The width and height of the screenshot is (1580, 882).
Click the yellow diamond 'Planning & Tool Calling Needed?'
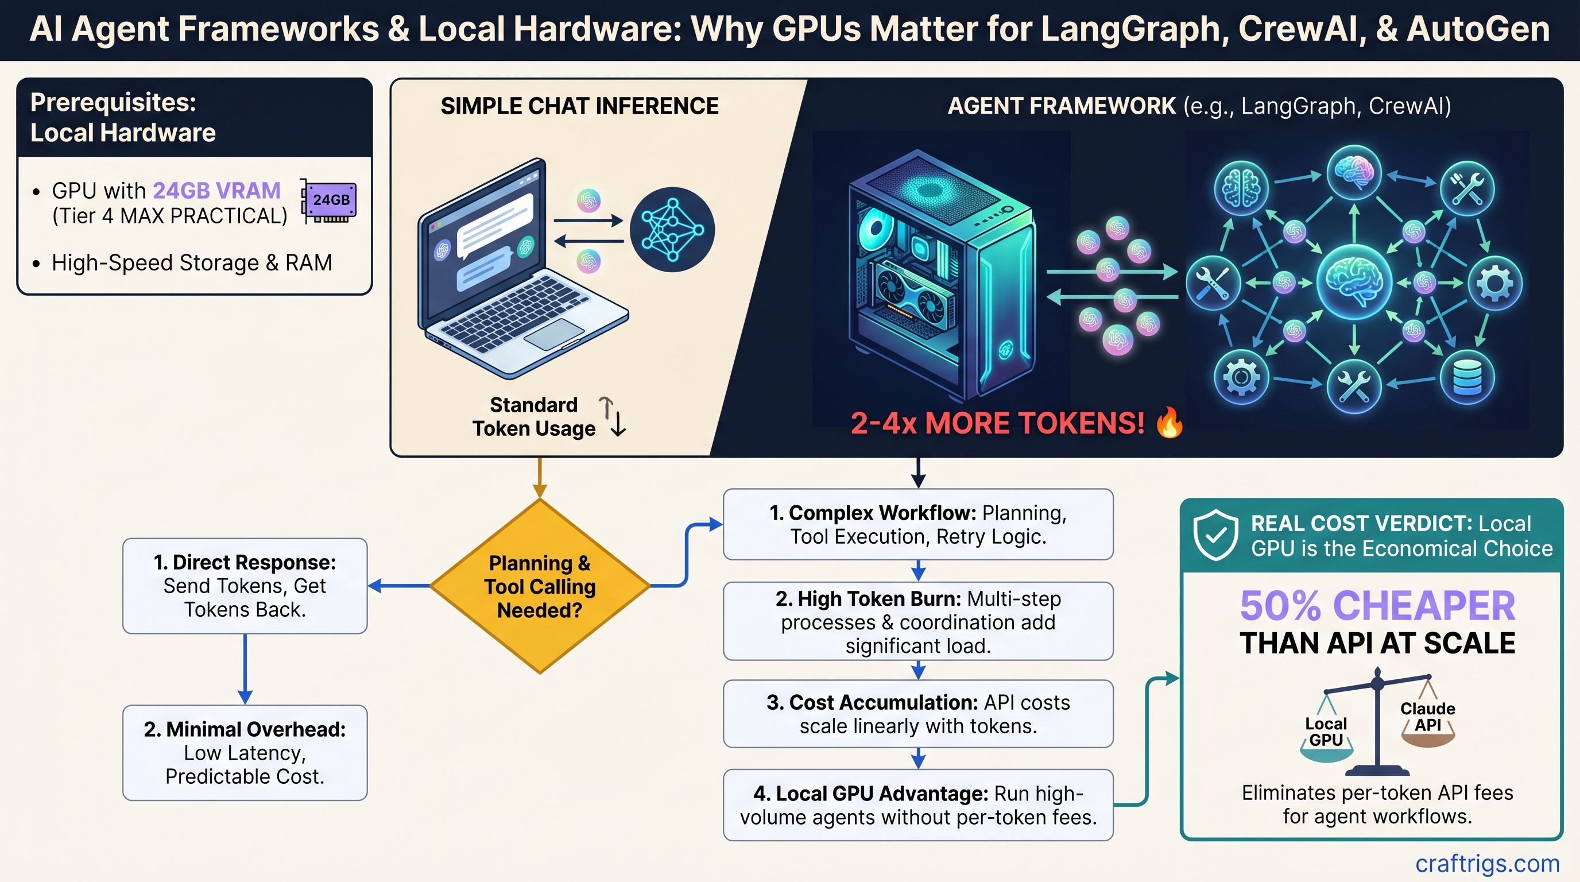tap(540, 586)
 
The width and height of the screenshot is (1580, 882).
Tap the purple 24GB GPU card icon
tap(330, 200)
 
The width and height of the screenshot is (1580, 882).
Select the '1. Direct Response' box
tap(245, 586)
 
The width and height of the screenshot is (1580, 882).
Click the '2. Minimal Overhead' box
tap(245, 753)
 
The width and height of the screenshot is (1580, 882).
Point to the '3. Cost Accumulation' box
tap(917, 714)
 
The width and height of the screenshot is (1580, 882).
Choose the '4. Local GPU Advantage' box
tap(917, 804)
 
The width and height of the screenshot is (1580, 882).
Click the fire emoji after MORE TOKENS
tap(1169, 423)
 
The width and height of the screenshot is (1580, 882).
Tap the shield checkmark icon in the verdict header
tap(1215, 534)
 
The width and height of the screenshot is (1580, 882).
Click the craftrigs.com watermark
tap(1487, 863)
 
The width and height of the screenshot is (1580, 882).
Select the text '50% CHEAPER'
tap(1377, 606)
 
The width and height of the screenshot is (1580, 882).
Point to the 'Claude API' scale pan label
tap(1427, 717)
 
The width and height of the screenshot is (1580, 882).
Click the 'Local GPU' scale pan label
tap(1326, 732)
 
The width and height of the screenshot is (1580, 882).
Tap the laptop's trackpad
tap(555, 334)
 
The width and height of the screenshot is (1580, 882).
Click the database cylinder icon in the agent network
tap(1467, 377)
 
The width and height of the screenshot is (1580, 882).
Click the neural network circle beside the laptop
tap(672, 229)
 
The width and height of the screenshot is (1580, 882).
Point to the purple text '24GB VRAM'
tap(216, 191)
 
